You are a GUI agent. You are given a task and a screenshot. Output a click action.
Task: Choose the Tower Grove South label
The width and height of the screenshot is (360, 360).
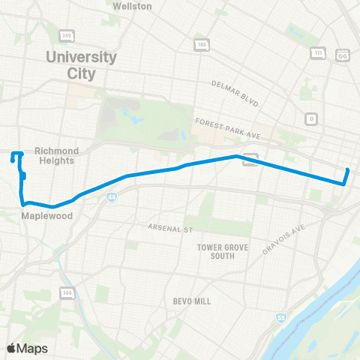coord(217,251)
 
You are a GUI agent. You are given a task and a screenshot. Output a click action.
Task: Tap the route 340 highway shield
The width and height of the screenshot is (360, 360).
coord(67,35)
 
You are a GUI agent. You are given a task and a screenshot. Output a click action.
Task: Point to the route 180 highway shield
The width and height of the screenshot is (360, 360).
coord(201,45)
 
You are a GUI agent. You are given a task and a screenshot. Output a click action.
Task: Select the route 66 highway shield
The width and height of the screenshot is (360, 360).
coord(344,55)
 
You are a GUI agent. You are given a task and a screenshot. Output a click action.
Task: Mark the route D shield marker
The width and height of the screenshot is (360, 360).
coord(310,118)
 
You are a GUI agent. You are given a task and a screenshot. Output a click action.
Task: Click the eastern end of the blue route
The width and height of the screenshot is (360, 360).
coord(348,170)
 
